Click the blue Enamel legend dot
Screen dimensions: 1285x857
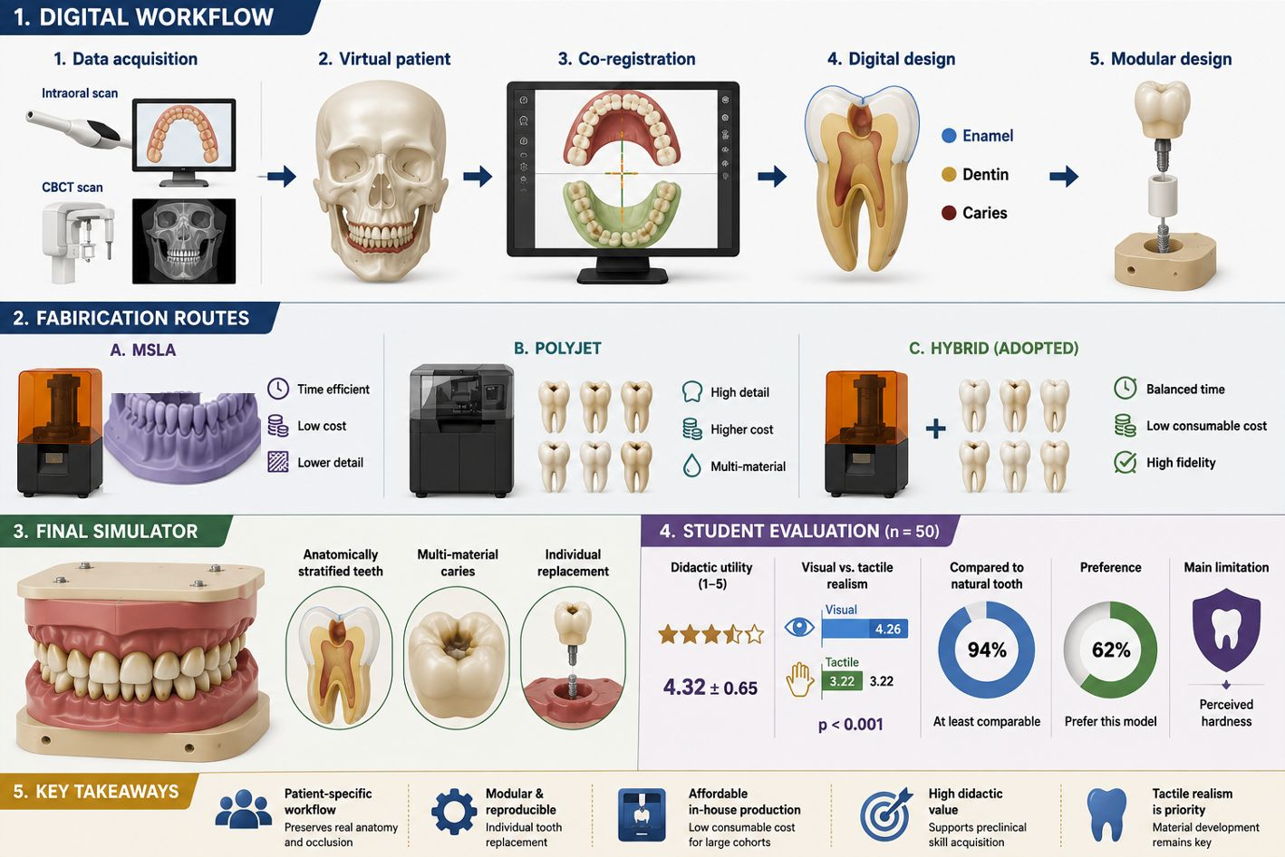tap(949, 136)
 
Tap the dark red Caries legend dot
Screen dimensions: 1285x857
tap(949, 213)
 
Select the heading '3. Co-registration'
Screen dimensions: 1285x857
tap(626, 59)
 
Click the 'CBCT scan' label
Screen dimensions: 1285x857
tap(72, 188)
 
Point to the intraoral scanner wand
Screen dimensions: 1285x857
tap(77, 130)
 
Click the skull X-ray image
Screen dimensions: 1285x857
tap(184, 241)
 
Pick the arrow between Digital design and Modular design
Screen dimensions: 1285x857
tap(1064, 176)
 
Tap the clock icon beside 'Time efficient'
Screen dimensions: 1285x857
tap(278, 389)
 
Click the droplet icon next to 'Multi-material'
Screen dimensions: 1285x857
tap(691, 466)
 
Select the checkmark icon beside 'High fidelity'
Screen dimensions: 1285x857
tap(1125, 462)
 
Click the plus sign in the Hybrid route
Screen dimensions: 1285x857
tap(935, 428)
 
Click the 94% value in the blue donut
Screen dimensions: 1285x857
tap(987, 650)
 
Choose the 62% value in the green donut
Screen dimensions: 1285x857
tap(1111, 650)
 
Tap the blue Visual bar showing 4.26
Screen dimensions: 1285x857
tap(865, 629)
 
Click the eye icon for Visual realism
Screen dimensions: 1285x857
tap(799, 627)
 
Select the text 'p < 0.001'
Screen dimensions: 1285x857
tap(850, 725)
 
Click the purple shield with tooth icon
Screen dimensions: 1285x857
tap(1226, 630)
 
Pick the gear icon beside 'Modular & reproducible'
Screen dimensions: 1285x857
tap(454, 812)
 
